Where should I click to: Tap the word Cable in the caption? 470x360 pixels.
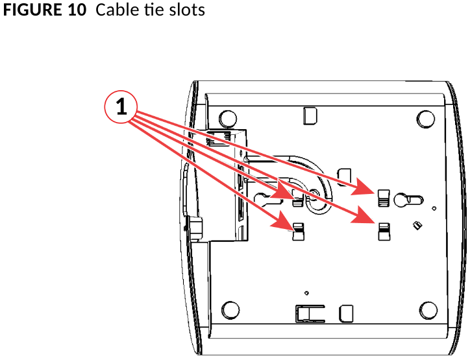point(113,11)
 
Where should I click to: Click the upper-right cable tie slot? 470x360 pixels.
point(384,198)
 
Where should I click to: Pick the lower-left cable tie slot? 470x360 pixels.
point(299,232)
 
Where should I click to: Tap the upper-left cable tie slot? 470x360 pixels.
point(298,198)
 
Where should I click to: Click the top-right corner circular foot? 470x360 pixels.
point(425,117)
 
